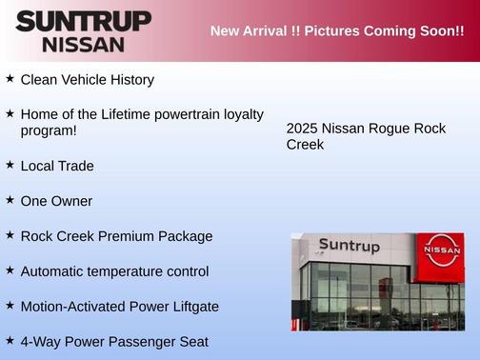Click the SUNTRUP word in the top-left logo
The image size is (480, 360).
83,21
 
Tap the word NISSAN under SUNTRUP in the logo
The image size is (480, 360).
83,44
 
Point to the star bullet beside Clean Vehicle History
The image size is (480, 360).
10,79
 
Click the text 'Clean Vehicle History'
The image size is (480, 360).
87,80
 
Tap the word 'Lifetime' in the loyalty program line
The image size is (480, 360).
124,114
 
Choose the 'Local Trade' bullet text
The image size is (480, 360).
57,166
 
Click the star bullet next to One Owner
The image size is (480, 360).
10,200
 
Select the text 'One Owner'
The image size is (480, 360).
56,201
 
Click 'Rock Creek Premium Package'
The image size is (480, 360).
116,236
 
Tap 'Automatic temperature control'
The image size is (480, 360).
114,271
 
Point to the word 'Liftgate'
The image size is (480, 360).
193,306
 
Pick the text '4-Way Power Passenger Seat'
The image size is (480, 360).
114,341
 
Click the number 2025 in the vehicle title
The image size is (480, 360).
302,129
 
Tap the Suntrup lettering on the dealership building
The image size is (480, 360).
349,247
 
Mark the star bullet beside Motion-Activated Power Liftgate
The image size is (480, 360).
10,305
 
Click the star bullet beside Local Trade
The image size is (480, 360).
10,165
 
